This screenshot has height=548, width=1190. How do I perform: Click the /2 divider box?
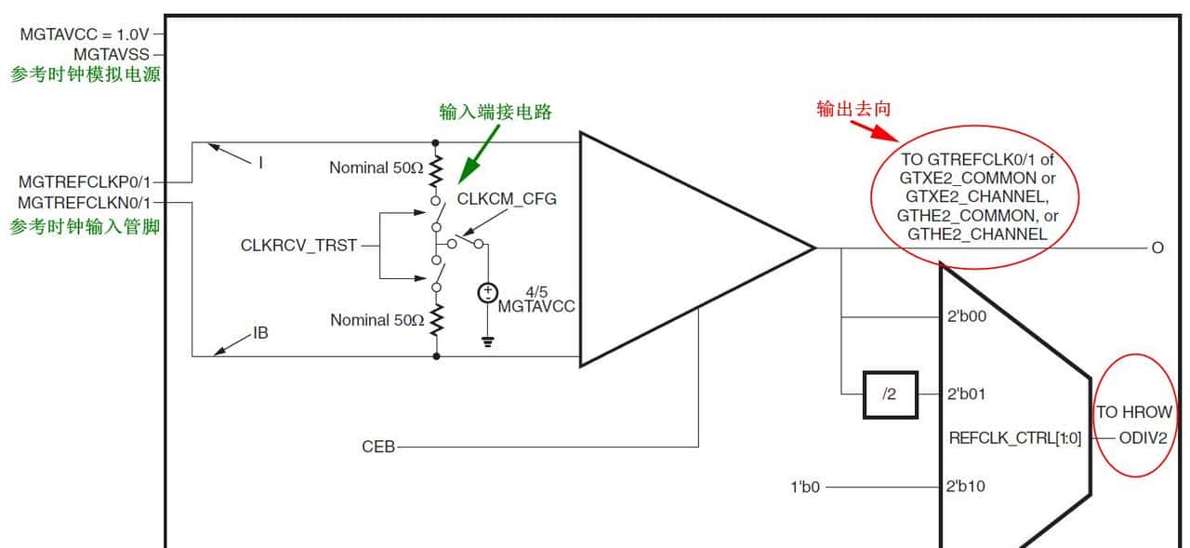coord(890,394)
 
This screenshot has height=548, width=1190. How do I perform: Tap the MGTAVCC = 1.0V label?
coord(84,34)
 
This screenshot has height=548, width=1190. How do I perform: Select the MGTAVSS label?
coord(111,55)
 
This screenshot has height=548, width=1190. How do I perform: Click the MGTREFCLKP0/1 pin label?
coord(83,181)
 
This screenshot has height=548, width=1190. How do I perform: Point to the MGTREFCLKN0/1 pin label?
coord(83,202)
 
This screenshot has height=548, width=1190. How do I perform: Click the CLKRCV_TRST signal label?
coord(298,247)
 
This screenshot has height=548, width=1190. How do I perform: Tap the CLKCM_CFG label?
coord(507,199)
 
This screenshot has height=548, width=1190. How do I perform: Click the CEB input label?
coord(377,448)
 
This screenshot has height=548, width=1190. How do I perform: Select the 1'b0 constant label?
coord(804,487)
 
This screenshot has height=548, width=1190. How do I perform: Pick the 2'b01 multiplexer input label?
coord(966,394)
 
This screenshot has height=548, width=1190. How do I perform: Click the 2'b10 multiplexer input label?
coord(966,487)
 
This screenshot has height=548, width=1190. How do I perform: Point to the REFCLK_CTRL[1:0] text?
coord(1015,437)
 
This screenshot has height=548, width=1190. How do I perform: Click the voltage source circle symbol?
coord(487,294)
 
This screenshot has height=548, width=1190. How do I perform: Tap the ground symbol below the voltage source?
coord(487,341)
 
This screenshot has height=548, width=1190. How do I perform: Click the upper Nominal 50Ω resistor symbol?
coord(435,169)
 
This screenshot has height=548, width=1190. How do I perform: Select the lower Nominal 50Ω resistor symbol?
coord(435,318)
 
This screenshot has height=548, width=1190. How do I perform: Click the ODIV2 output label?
coord(1142,437)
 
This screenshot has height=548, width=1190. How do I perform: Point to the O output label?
coord(1157,247)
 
